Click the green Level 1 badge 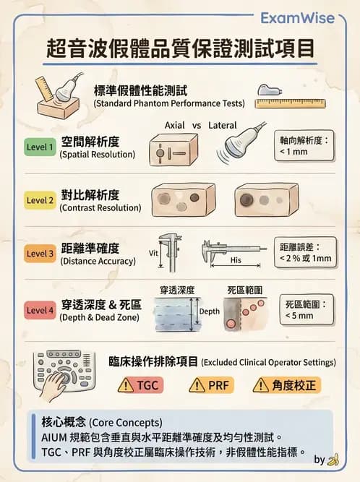(x=40, y=147)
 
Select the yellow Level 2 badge (x=40, y=200)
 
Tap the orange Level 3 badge (x=40, y=254)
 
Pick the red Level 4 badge (x=40, y=310)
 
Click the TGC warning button (x=140, y=385)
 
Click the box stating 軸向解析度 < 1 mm (x=304, y=147)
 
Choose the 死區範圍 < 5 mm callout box (x=304, y=309)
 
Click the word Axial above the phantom (x=175, y=126)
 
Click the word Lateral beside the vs (x=223, y=126)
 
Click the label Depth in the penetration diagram (x=210, y=311)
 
